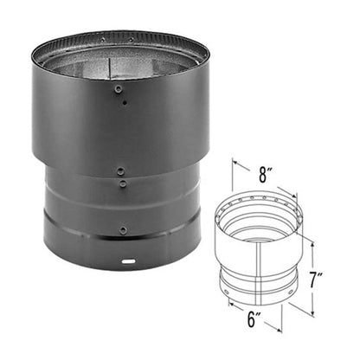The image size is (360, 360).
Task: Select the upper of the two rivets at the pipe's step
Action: click(120, 171)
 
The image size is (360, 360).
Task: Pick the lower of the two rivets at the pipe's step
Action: click(123, 183)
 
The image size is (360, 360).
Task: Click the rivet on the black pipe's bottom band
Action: click(125, 230)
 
